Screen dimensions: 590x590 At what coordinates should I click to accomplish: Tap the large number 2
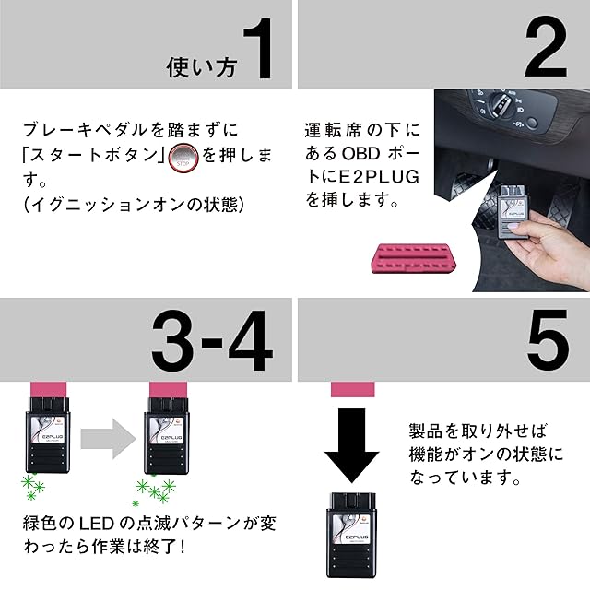(x=546, y=47)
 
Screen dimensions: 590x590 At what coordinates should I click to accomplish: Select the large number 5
(x=548, y=339)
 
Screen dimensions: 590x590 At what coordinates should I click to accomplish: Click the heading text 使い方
(x=202, y=67)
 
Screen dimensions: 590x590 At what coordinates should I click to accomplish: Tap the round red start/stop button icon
(x=183, y=158)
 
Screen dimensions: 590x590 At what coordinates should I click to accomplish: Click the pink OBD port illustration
(x=414, y=258)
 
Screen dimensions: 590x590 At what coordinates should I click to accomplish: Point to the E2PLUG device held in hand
(x=513, y=212)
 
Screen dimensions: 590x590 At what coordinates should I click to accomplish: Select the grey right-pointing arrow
(x=109, y=439)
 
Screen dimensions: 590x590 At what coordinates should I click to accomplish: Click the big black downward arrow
(x=352, y=445)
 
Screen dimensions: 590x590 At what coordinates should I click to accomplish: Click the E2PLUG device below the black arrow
(x=351, y=535)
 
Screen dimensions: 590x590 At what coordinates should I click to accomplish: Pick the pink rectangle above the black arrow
(x=352, y=389)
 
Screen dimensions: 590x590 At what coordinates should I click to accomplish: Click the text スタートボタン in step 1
(x=94, y=155)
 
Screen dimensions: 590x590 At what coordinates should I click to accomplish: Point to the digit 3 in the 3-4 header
(x=173, y=340)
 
